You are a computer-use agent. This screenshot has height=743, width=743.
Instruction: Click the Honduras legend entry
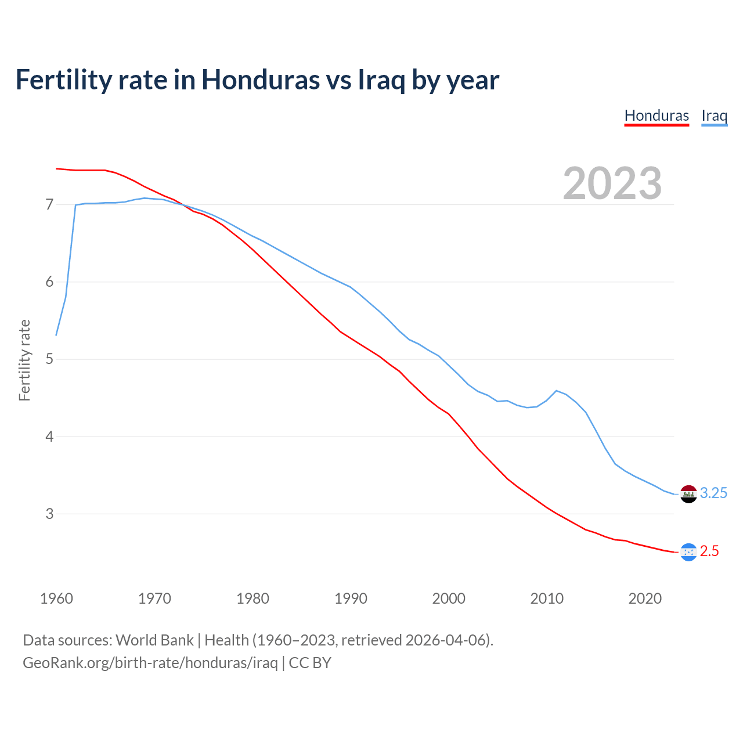pyautogui.click(x=657, y=116)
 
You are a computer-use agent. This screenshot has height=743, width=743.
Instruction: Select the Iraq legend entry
pyautogui.click(x=714, y=116)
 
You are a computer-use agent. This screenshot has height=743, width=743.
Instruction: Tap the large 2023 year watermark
pyautogui.click(x=612, y=183)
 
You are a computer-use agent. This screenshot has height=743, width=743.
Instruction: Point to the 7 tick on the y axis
pyautogui.click(x=49, y=205)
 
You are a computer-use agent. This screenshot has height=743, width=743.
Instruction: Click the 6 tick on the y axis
pyautogui.click(x=49, y=282)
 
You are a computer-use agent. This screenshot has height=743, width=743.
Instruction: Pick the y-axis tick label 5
pyautogui.click(x=49, y=359)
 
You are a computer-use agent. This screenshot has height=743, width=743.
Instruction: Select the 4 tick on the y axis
pyautogui.click(x=49, y=437)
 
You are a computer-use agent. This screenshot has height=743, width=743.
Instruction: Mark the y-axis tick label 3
pyautogui.click(x=49, y=514)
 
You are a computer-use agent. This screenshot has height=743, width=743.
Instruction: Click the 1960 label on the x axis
pyautogui.click(x=56, y=598)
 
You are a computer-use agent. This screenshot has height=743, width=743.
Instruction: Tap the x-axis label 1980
pyautogui.click(x=253, y=598)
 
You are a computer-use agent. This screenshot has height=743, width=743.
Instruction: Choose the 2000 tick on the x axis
pyautogui.click(x=449, y=598)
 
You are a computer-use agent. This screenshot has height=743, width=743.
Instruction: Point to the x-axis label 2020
pyautogui.click(x=645, y=598)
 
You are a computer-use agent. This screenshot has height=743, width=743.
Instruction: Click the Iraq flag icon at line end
pyautogui.click(x=688, y=494)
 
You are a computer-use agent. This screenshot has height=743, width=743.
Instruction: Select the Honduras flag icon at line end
pyautogui.click(x=688, y=552)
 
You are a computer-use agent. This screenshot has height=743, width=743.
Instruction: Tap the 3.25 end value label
pyautogui.click(x=713, y=493)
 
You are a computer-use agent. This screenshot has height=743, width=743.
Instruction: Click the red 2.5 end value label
pyautogui.click(x=709, y=551)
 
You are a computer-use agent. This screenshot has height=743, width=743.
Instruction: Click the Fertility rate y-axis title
pyautogui.click(x=24, y=360)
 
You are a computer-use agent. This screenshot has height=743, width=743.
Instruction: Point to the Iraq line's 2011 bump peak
pyautogui.click(x=557, y=391)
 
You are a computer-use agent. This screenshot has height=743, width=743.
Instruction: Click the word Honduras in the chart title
pyautogui.click(x=261, y=80)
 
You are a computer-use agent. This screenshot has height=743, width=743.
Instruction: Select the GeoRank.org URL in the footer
pyautogui.click(x=150, y=663)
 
